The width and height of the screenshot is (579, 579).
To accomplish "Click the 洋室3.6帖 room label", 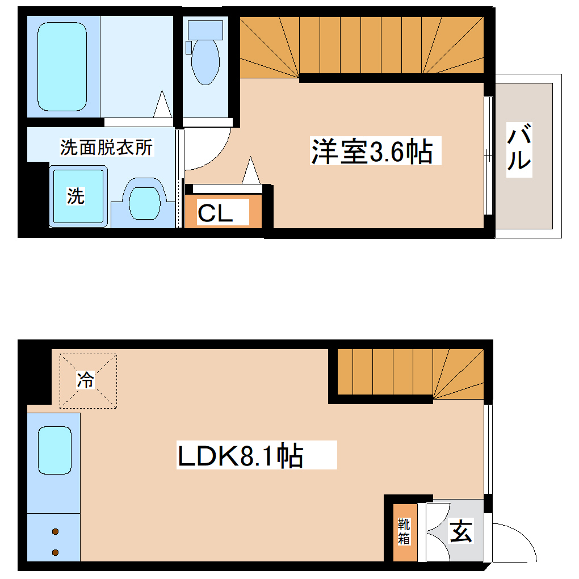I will click(372, 152).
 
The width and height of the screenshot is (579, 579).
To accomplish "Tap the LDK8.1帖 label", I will click(240, 456).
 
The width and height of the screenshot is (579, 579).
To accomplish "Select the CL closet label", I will click(215, 213).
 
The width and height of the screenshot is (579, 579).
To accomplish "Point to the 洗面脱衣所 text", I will click(107, 148).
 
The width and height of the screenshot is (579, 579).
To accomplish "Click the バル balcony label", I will click(519, 149).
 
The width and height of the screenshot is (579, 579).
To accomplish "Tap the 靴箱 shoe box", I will click(404, 531).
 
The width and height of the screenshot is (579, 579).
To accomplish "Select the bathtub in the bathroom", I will click(62, 67).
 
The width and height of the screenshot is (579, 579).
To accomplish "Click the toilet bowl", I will click(205, 62).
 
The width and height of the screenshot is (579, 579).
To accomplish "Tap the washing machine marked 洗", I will click(78, 196).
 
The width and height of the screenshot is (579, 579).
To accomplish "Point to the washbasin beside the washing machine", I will click(144, 201).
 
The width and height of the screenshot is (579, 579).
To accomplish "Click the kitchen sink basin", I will click(54, 450).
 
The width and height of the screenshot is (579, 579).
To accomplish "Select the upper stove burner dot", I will click(55, 532).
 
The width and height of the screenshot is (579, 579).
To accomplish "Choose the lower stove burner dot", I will click(55, 552).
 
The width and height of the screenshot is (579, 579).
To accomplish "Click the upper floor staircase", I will click(363, 46).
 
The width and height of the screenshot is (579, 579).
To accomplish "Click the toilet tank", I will click(205, 28).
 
